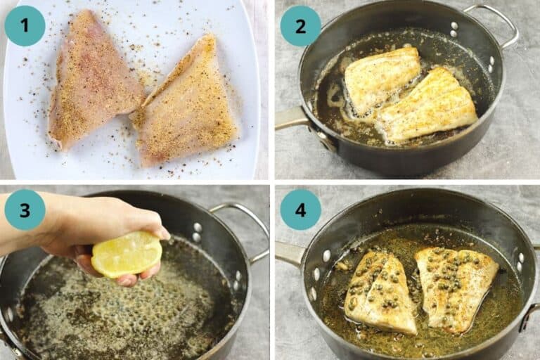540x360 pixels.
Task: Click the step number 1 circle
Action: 25,25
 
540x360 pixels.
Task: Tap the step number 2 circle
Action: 300,25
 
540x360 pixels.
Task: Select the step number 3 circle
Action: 25,210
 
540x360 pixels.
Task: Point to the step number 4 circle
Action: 300,210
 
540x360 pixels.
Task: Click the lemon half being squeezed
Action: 127,255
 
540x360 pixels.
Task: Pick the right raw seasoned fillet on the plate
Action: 187,105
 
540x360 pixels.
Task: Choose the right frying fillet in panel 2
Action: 429,105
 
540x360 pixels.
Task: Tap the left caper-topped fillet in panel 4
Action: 380,292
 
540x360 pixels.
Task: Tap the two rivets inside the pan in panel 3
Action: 197,232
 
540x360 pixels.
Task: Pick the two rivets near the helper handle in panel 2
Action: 454,30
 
